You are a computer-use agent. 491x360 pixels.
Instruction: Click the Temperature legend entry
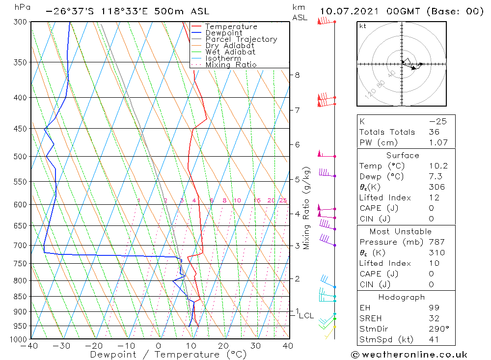click(x=231, y=27)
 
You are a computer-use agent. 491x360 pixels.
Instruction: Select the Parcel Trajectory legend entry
click(x=241, y=39)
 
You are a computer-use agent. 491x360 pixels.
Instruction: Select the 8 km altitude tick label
click(x=297, y=75)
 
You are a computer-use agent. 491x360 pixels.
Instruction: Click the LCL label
click(x=306, y=315)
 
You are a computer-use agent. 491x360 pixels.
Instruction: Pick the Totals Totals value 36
click(x=434, y=132)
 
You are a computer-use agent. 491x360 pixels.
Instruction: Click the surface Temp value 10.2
click(x=438, y=166)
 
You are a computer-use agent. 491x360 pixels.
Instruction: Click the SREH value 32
click(x=434, y=318)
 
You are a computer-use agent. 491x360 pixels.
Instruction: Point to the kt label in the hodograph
click(x=363, y=26)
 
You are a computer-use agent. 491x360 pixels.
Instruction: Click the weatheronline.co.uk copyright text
click(x=409, y=355)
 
